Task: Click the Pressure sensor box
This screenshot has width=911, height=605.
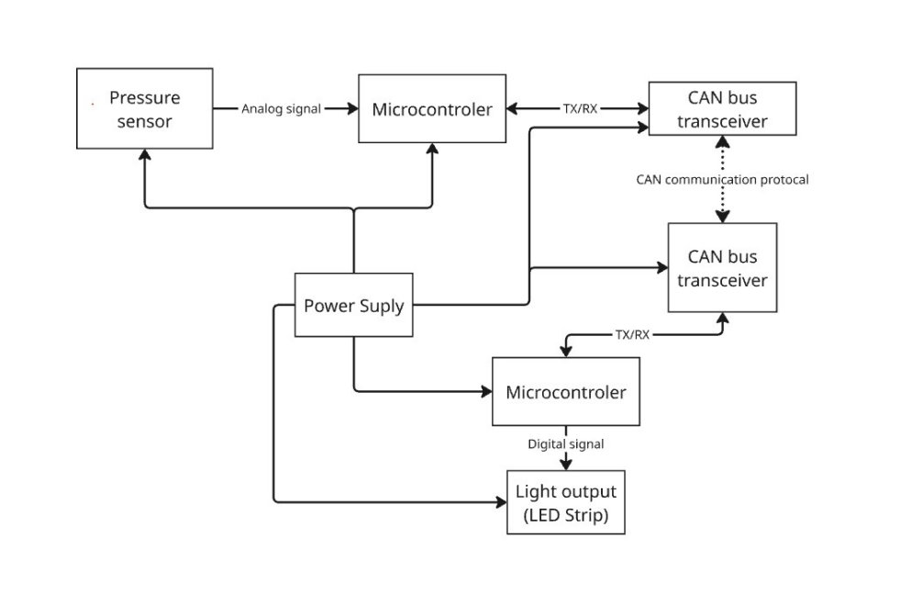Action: [x=144, y=108]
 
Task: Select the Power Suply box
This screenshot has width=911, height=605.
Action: [x=353, y=306]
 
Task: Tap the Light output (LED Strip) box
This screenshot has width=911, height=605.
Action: [x=565, y=502]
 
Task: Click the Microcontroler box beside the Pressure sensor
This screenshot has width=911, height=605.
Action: [x=431, y=109]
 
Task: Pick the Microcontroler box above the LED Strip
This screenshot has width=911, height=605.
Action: [x=565, y=392]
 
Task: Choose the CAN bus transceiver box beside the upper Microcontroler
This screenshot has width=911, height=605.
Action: [x=722, y=108]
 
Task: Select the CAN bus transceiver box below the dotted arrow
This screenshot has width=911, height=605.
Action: [x=722, y=268]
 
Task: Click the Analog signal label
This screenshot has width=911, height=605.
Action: [x=281, y=109]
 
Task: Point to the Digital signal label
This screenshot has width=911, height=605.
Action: [x=565, y=444]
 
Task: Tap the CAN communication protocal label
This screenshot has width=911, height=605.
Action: [x=722, y=180]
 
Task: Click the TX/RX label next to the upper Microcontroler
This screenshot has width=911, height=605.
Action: [x=580, y=108]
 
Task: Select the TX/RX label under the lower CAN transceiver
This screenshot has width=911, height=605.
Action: [x=632, y=335]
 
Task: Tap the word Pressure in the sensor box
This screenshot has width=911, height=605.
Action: [x=144, y=97]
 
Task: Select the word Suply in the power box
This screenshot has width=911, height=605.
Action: [x=379, y=306]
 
